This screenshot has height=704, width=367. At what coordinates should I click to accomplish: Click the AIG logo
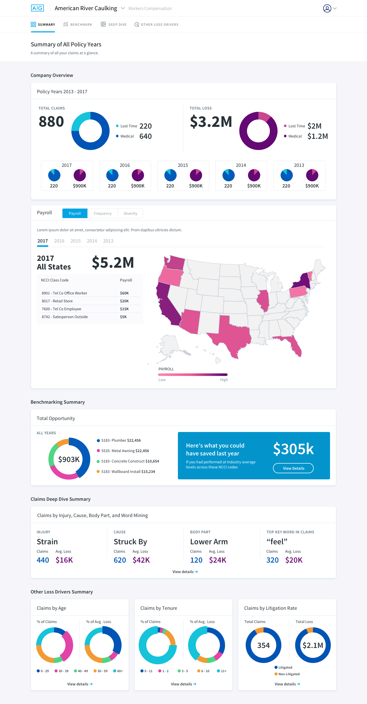[x=37, y=8]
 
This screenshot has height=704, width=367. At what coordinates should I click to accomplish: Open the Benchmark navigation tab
[x=78, y=25]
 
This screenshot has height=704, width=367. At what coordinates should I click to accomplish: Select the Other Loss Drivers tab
[x=156, y=25]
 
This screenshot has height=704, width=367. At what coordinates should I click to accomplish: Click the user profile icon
[x=327, y=8]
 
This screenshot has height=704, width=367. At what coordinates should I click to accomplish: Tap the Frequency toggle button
[x=102, y=213]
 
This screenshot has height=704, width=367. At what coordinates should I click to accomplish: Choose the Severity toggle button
[x=130, y=213]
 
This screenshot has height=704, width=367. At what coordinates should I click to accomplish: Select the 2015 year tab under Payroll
[x=75, y=241]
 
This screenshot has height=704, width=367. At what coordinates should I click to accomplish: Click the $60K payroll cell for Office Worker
[x=124, y=293]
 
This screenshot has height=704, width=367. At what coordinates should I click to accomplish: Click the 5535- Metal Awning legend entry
[x=123, y=451]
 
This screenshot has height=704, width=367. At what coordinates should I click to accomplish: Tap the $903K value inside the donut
[x=69, y=459]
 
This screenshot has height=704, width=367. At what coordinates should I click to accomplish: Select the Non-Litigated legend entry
[x=287, y=674]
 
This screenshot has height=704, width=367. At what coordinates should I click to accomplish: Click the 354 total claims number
[x=263, y=645]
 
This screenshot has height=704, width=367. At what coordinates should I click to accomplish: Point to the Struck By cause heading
[x=130, y=541]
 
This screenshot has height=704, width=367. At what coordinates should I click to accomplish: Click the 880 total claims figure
[x=51, y=121]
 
